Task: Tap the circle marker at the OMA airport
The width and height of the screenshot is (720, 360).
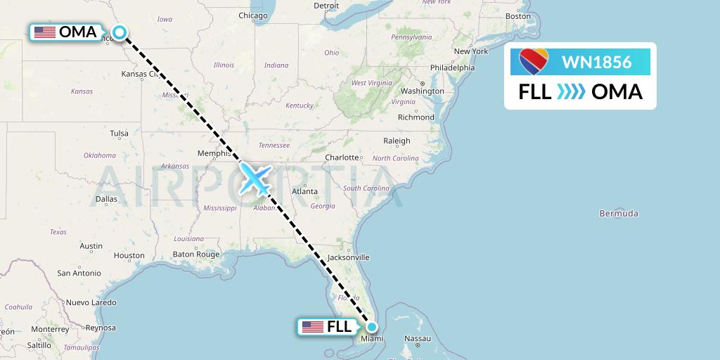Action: [x=120, y=32]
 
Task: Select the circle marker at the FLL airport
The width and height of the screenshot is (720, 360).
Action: [x=372, y=326]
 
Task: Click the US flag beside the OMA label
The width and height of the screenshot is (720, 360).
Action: [x=45, y=32]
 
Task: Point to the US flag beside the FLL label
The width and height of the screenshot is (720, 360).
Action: [x=312, y=326]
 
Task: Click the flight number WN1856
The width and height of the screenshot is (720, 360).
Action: [x=596, y=62]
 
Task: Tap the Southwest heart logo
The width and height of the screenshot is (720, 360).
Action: [x=534, y=62]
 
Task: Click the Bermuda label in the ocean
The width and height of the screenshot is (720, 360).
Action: [x=619, y=213]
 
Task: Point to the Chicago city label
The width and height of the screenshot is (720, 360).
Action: [x=252, y=15]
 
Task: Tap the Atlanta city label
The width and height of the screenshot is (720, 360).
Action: [x=304, y=191]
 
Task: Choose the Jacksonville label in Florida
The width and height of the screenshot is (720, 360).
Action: [x=347, y=257]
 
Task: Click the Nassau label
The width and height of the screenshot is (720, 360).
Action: [x=417, y=338]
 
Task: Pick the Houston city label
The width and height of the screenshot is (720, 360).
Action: [x=129, y=256]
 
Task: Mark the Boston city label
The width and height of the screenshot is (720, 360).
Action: [x=518, y=15]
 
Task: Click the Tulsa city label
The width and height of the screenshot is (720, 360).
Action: [x=119, y=133]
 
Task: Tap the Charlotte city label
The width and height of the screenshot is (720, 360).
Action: [x=342, y=157]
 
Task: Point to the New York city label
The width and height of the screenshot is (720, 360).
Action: [x=471, y=51]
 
